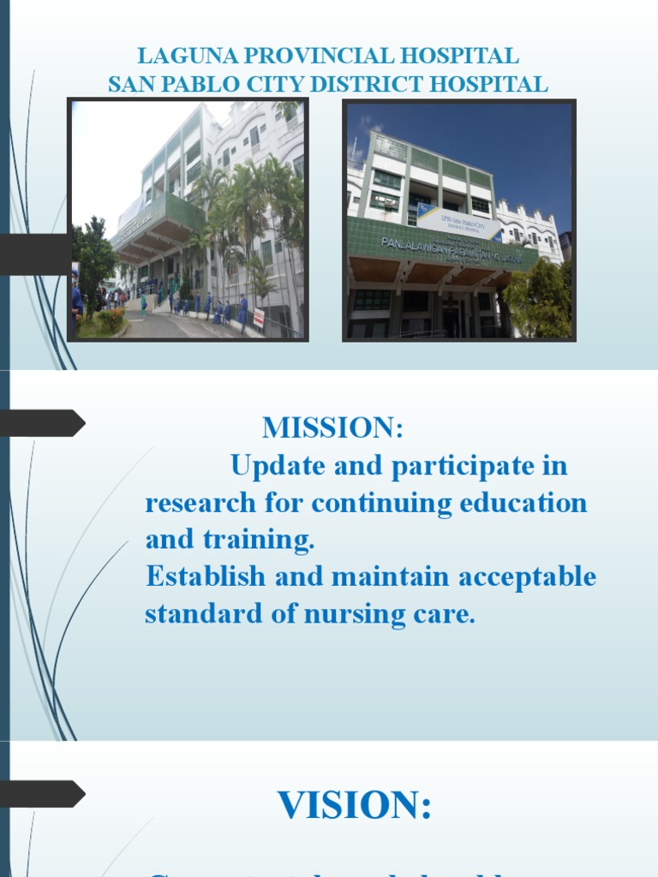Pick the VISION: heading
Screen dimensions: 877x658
coord(354,805)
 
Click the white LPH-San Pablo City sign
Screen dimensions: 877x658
coord(460,224)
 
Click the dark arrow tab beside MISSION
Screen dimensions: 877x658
coord(43,423)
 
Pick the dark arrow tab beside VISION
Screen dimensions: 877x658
coord(43,794)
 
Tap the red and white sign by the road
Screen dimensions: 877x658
coord(258,318)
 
